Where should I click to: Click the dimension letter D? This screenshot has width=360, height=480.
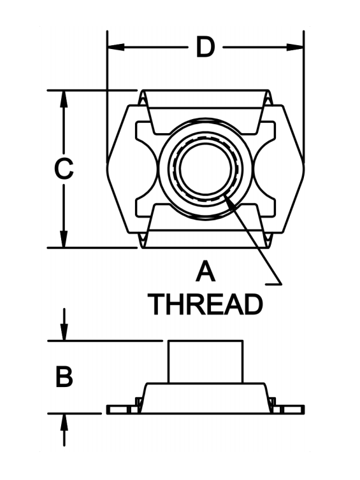205,47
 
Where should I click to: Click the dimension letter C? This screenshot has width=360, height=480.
64,168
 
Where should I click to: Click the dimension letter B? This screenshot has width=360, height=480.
64,377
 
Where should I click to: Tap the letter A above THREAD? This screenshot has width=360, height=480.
205,271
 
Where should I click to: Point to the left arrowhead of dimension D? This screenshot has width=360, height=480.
116,47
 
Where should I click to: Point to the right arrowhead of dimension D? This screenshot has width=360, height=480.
295,47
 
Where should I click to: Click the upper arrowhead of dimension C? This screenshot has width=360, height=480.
64,99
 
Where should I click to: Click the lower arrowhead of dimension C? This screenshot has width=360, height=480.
64,239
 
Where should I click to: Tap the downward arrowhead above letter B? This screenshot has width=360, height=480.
64,332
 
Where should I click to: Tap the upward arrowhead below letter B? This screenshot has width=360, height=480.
64,422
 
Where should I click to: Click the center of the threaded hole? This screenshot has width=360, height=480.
206,169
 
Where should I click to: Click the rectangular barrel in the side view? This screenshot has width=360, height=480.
205,362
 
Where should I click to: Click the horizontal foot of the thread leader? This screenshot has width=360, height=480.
273,285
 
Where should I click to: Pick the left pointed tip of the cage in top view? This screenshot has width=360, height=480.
107,169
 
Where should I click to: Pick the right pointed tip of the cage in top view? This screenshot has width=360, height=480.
304,169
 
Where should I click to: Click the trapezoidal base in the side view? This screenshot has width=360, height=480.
205,398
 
